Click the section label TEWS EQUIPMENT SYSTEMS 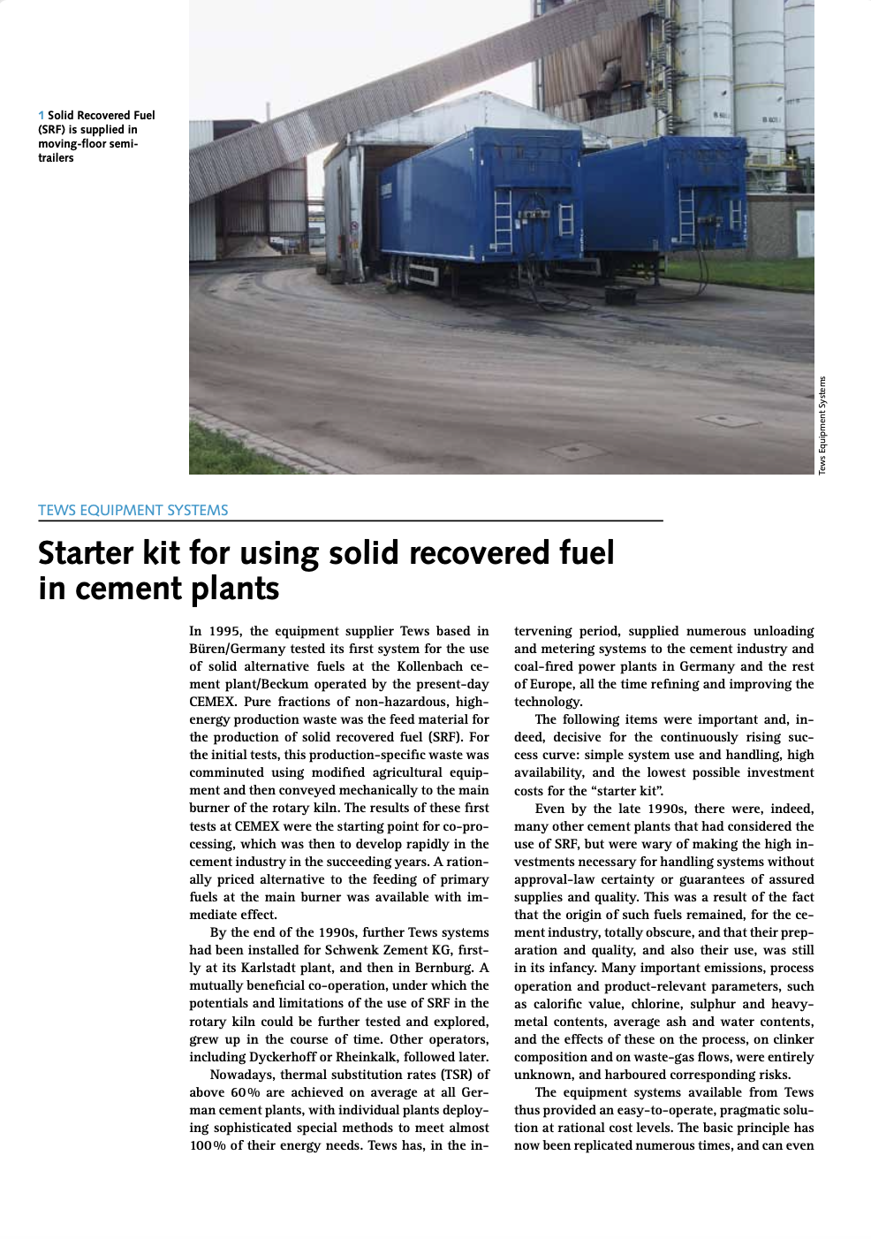point(133,510)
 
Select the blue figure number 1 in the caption point(42,116)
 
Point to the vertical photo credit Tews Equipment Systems point(822,425)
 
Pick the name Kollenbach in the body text point(429,666)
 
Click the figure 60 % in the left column point(246,1092)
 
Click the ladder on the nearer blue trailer point(503,218)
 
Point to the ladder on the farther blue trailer point(685,215)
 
